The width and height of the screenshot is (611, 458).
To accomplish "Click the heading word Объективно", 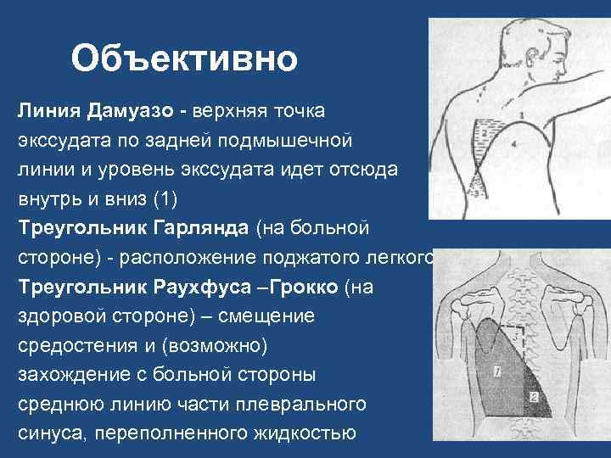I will click(184, 59).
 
